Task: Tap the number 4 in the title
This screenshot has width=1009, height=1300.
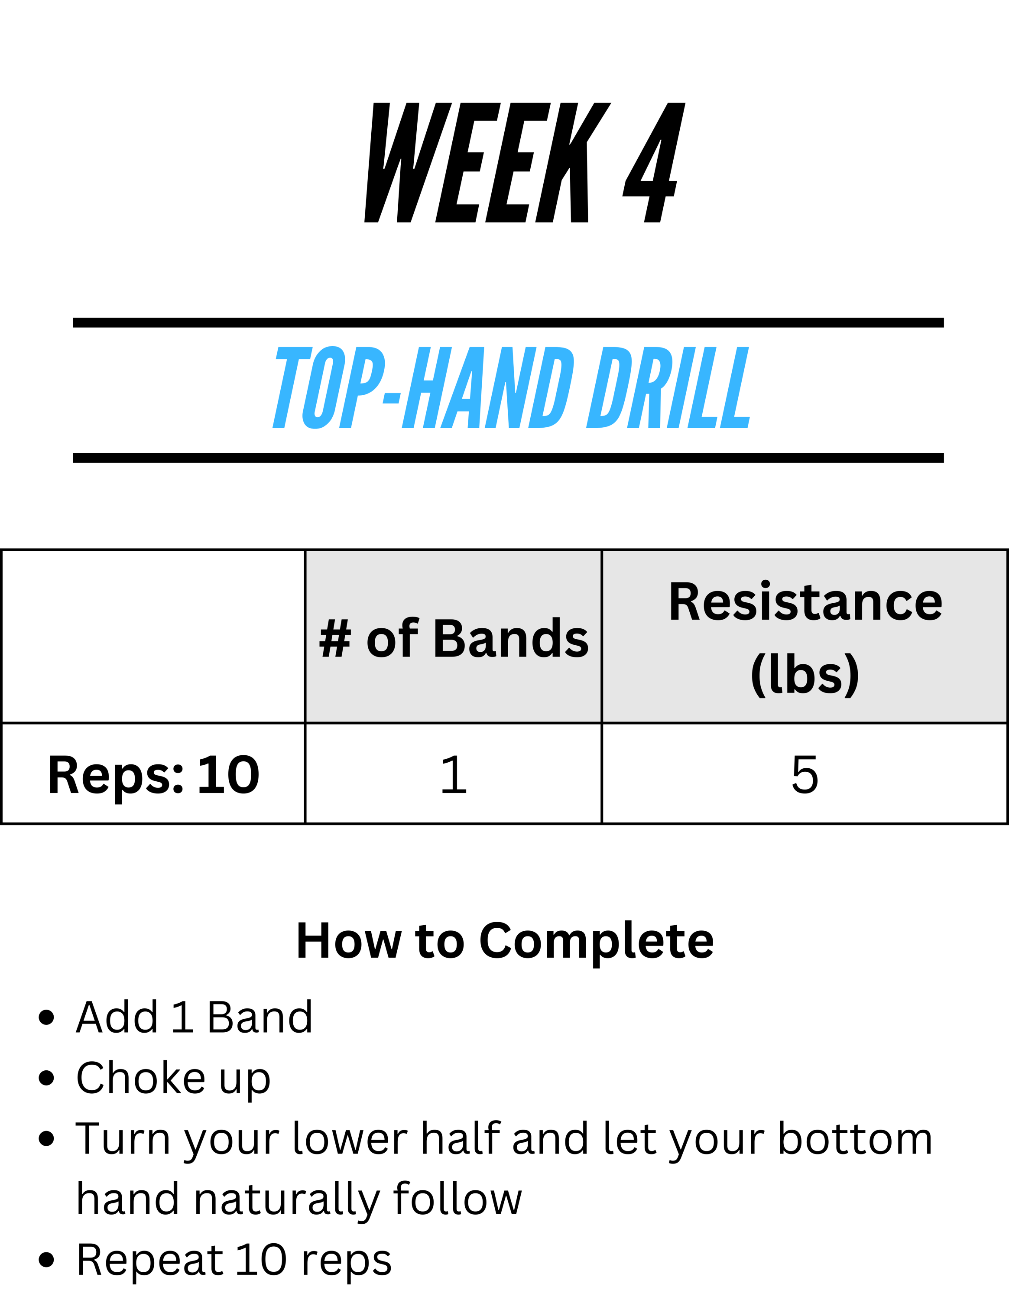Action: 654,162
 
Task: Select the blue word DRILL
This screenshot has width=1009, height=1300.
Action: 668,387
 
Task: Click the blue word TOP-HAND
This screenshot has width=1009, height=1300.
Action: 423,387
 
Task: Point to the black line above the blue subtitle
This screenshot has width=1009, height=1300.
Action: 508,323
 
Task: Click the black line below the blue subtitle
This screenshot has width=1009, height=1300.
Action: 508,458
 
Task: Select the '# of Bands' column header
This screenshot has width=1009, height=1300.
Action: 453,639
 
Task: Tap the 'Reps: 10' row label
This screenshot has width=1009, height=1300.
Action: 153,775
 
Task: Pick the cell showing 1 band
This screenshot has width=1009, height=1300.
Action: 453,774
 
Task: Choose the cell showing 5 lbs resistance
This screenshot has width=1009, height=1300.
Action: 805,774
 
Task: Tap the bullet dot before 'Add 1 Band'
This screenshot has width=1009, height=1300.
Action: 46,1018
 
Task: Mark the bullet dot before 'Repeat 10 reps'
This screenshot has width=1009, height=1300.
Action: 46,1261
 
